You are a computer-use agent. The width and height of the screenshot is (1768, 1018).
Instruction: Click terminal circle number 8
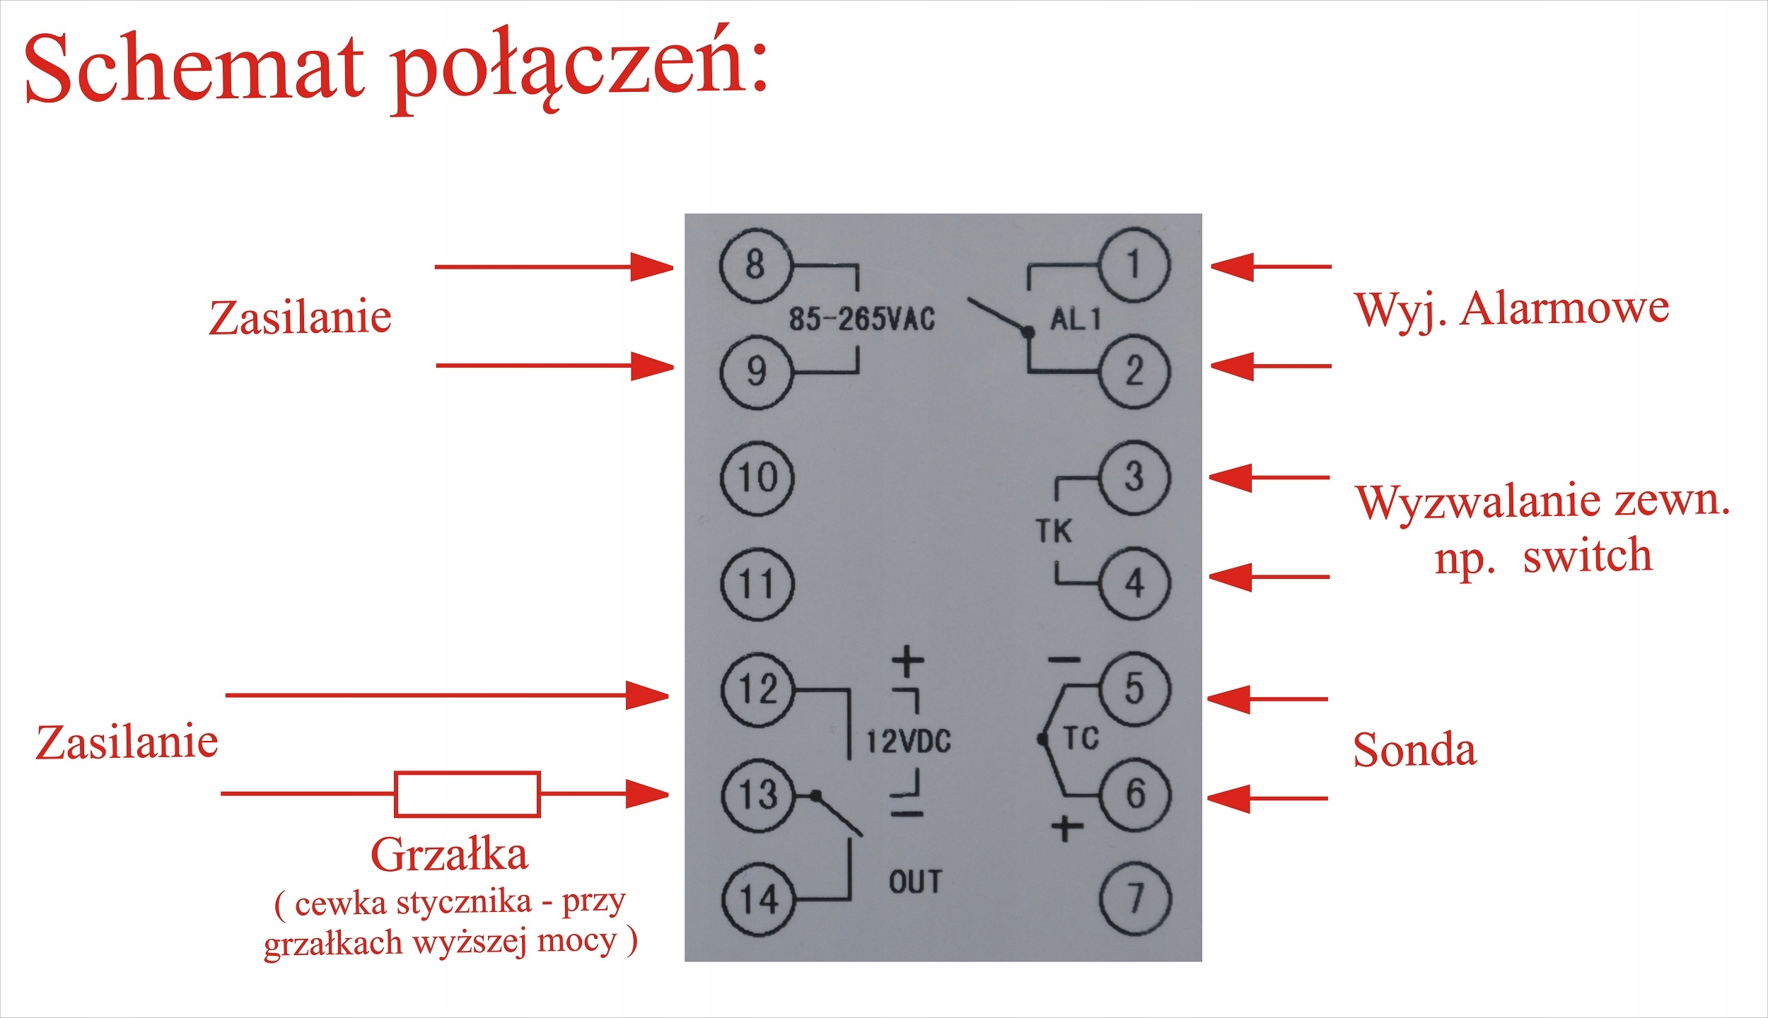click(x=755, y=265)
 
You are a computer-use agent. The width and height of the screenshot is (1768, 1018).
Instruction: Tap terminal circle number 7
click(x=1135, y=899)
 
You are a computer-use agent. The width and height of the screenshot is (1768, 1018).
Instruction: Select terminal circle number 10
click(x=757, y=478)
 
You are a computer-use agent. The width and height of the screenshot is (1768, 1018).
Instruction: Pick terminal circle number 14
click(x=758, y=899)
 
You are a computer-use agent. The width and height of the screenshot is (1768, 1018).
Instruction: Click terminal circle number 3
click(x=1134, y=477)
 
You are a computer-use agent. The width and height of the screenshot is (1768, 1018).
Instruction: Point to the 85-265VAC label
click(x=861, y=320)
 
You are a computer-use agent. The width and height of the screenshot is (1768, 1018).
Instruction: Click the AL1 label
click(x=1075, y=320)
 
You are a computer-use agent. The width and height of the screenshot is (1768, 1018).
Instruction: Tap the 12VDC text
click(x=909, y=742)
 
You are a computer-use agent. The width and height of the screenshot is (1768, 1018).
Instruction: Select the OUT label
click(x=915, y=882)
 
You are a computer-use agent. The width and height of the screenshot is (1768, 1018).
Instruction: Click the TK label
click(x=1054, y=531)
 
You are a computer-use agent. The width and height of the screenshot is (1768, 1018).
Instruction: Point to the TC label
click(x=1081, y=739)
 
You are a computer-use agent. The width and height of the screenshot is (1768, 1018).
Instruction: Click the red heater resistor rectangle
click(x=467, y=795)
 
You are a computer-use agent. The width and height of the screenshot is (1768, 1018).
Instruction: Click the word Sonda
click(x=1414, y=750)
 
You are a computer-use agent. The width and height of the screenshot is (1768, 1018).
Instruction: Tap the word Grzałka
click(x=449, y=855)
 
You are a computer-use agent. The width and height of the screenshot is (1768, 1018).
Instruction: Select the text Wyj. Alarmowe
click(x=1511, y=309)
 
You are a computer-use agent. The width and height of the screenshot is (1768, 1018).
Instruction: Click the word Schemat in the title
click(x=194, y=69)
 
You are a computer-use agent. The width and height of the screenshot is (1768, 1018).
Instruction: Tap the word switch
click(x=1587, y=556)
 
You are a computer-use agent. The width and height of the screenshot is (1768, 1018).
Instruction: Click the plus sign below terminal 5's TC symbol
click(x=1067, y=828)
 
